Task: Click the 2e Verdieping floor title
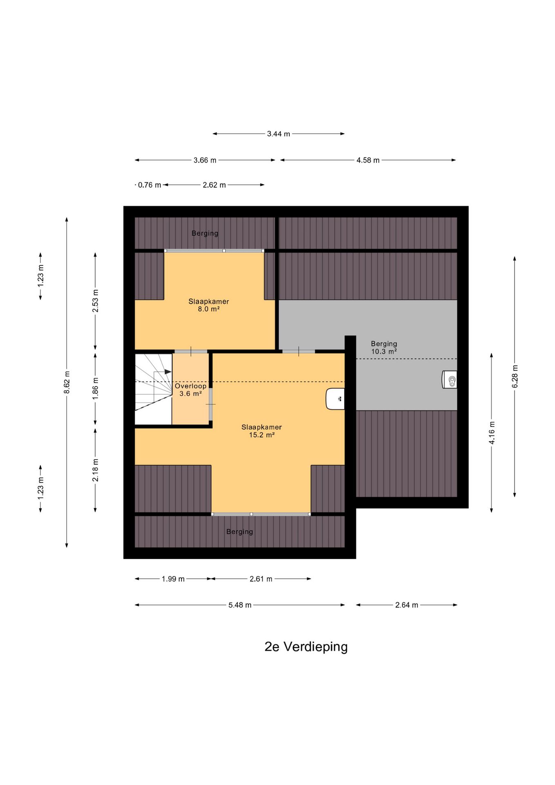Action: coord(306,646)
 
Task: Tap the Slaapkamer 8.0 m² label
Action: coord(208,305)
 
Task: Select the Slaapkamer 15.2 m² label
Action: coord(262,431)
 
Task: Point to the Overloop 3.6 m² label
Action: coord(190,390)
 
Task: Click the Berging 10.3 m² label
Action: coord(384,348)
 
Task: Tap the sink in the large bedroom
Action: coord(335,399)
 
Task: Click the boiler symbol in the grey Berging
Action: coord(450,379)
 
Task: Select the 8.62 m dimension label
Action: coord(67,382)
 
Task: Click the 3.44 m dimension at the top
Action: coord(278,134)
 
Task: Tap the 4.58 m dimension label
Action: coord(368,160)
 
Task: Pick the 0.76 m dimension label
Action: coord(150,185)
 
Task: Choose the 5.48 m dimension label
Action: coord(240,605)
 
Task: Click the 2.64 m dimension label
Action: coord(407,605)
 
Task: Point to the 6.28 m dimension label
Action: coord(515,377)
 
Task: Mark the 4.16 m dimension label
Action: coord(492,433)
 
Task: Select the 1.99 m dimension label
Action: coord(173,579)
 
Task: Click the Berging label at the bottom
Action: coord(239,532)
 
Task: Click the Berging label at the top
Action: coord(205,233)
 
